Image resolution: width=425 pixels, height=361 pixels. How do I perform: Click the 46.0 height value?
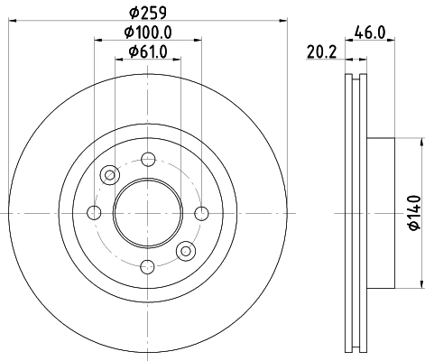click(371, 32)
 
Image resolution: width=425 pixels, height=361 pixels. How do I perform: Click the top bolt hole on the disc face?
click(146, 160)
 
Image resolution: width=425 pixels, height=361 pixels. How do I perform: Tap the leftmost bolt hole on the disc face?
click(94, 213)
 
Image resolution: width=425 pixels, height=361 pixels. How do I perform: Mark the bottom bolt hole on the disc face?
click(146, 265)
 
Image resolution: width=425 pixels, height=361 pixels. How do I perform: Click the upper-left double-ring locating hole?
click(109, 175)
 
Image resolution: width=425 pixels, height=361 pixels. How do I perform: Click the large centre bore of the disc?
click(146, 213)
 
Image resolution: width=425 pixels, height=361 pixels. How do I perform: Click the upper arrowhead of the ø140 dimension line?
click(420, 143)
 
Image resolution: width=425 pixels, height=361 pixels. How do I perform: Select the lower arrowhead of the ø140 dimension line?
click(420, 282)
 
